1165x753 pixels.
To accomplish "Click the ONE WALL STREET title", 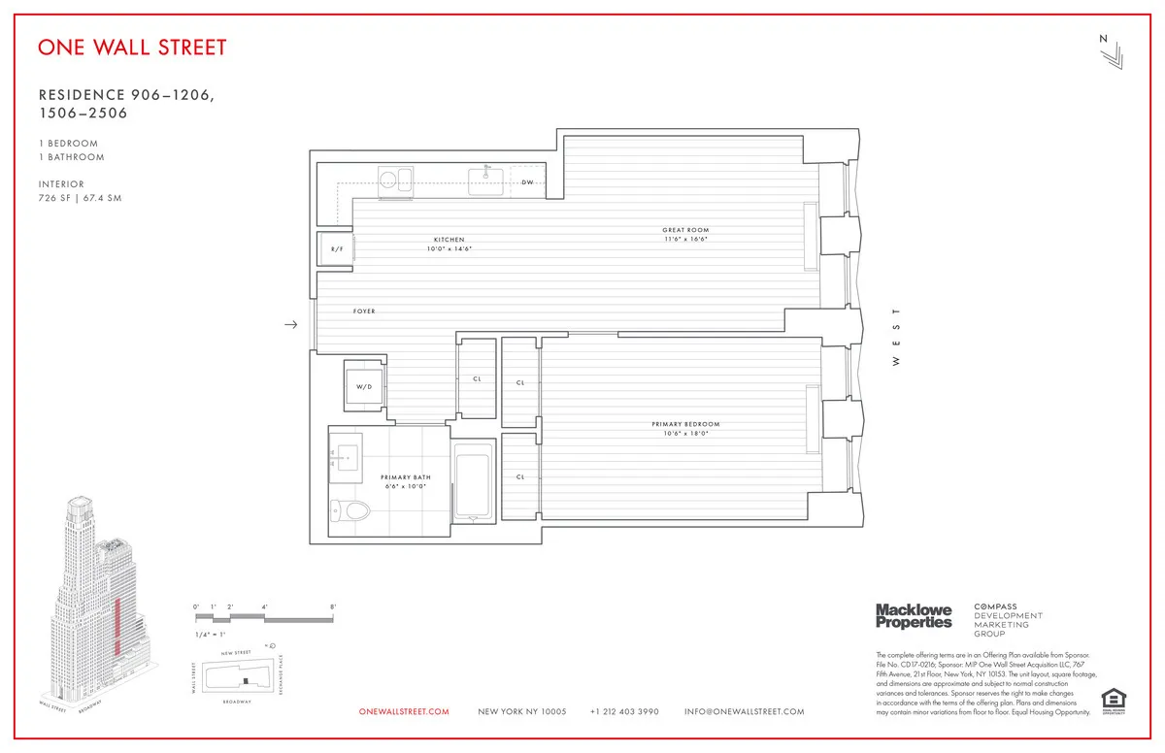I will point(132,47).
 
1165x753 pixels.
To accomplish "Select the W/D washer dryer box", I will point(364,387).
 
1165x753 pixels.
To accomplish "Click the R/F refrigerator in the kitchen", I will point(336,249).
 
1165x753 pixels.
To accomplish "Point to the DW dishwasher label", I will point(527,182).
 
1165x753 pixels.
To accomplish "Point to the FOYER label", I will point(364,311).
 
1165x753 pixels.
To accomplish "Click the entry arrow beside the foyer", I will point(290,325).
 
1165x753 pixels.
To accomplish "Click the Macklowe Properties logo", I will point(914,615).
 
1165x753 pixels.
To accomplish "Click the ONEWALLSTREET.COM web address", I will point(404,712).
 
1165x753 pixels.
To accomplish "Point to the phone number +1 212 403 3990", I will point(624,712).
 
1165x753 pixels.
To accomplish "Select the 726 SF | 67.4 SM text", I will point(80,198).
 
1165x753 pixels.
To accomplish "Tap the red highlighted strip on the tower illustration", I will point(117,627).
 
